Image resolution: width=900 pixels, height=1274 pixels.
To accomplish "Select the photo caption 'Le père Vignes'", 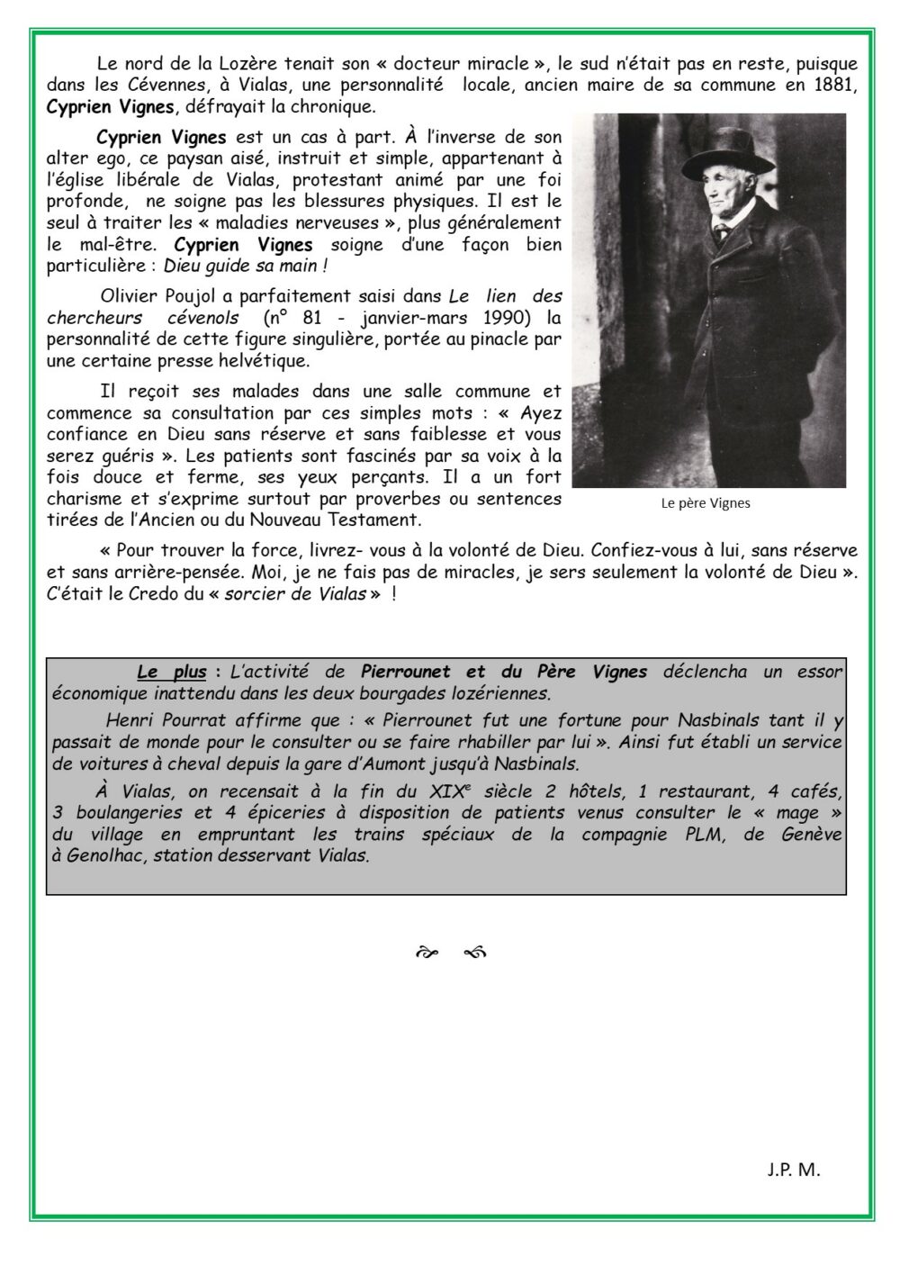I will pos(706,503).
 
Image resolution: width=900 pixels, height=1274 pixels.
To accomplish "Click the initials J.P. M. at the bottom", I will pos(794,1170).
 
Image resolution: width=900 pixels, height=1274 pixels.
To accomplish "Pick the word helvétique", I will pos(267,360).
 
